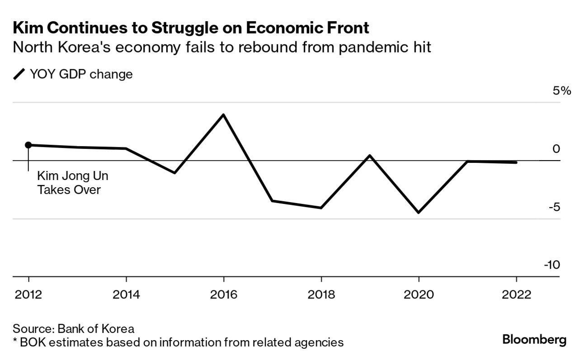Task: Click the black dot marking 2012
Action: (x=28, y=145)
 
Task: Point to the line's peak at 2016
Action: (x=223, y=114)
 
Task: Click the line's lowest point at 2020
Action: (x=419, y=212)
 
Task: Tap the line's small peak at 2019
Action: (x=370, y=156)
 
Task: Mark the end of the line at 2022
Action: (x=516, y=162)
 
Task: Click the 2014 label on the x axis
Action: (x=126, y=295)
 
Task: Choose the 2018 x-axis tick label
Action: (x=321, y=295)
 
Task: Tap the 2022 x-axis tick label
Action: (x=516, y=295)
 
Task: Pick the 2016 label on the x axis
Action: (x=223, y=295)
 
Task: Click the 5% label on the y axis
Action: (x=562, y=91)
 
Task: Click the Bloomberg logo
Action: (x=534, y=340)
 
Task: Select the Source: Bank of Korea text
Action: (x=74, y=328)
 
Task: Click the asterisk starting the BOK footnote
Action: (x=15, y=341)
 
